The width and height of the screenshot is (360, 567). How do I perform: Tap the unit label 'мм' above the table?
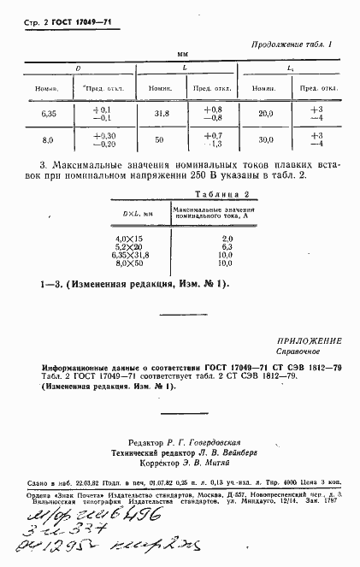[181, 54]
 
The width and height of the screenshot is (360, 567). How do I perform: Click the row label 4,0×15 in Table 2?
[130, 238]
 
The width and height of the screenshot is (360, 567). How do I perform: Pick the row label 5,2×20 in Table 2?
[130, 246]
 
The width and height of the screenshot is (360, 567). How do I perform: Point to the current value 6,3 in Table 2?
[227, 246]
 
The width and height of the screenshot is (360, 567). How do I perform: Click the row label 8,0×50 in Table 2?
[130, 263]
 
